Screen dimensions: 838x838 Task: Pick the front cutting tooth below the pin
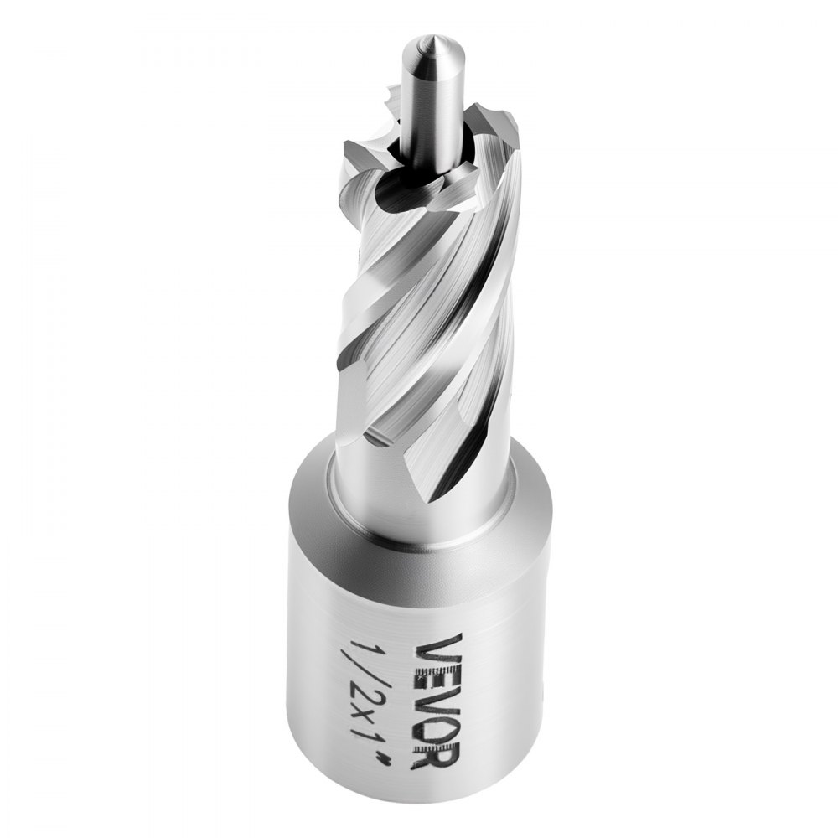tap(436, 193)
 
